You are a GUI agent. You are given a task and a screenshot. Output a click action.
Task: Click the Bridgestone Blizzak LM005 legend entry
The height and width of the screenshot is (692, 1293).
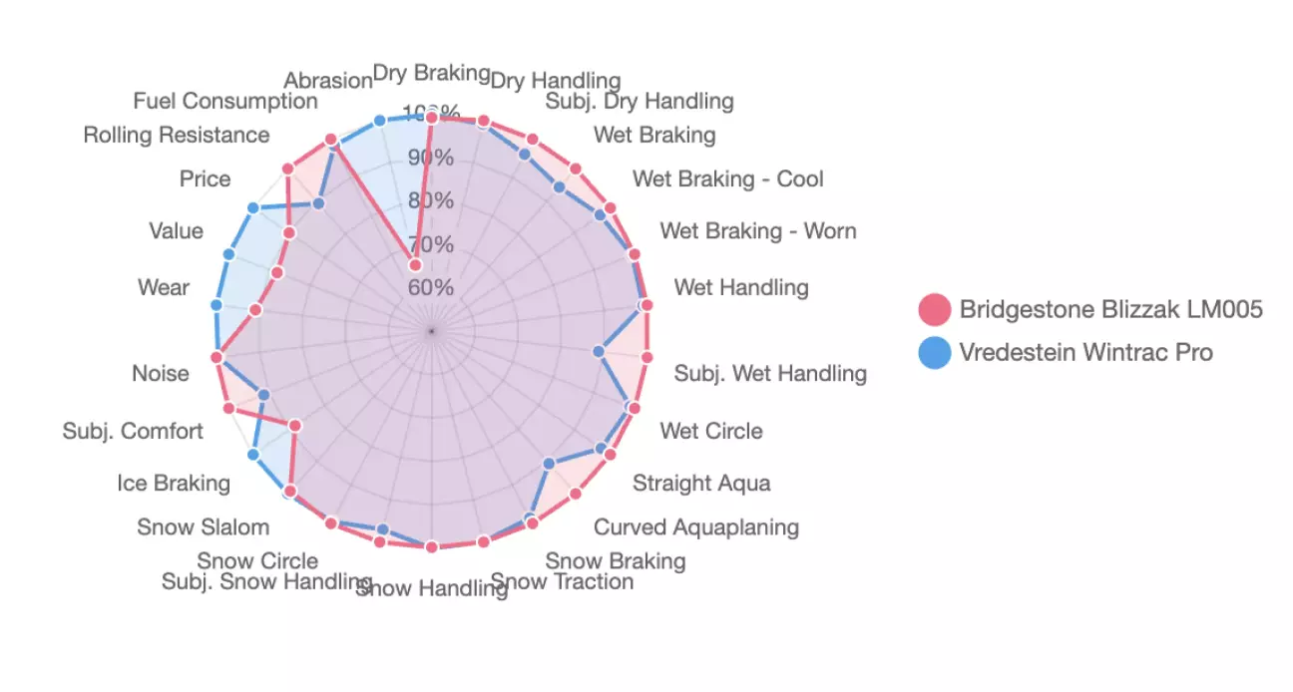(1110, 309)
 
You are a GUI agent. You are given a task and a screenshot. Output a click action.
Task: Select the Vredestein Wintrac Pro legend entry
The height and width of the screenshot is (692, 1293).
(1085, 352)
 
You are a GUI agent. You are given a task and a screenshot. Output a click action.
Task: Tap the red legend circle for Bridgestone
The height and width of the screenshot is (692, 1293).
(935, 310)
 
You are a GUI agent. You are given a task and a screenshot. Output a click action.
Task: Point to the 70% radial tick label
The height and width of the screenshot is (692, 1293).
(429, 244)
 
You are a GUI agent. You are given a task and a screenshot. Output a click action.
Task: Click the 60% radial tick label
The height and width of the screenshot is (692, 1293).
(429, 287)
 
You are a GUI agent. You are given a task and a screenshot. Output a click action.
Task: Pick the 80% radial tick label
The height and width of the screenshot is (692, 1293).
(429, 200)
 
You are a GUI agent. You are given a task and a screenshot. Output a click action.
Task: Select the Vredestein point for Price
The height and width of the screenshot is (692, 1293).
(253, 207)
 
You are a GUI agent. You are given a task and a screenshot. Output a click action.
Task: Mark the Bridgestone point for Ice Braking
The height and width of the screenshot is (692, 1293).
(295, 426)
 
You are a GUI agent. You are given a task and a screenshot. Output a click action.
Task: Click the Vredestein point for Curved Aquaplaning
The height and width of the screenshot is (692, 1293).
(549, 464)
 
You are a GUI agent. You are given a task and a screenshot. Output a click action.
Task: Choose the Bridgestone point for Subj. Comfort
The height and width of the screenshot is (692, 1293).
(228, 408)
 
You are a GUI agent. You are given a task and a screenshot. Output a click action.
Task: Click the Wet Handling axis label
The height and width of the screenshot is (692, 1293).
(741, 288)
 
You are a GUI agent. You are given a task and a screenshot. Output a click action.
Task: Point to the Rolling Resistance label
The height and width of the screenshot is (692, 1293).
(177, 135)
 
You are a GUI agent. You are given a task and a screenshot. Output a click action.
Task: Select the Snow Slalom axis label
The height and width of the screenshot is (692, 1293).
(203, 526)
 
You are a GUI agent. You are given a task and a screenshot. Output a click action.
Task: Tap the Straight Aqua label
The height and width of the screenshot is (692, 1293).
(701, 484)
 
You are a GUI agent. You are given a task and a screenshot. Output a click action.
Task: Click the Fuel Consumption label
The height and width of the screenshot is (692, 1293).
(225, 102)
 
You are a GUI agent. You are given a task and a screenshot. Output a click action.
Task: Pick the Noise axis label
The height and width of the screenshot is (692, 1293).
(160, 373)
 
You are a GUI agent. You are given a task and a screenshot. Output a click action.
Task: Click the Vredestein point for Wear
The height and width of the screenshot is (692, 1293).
(217, 304)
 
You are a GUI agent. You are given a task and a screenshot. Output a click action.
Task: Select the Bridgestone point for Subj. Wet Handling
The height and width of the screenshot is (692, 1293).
(646, 357)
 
